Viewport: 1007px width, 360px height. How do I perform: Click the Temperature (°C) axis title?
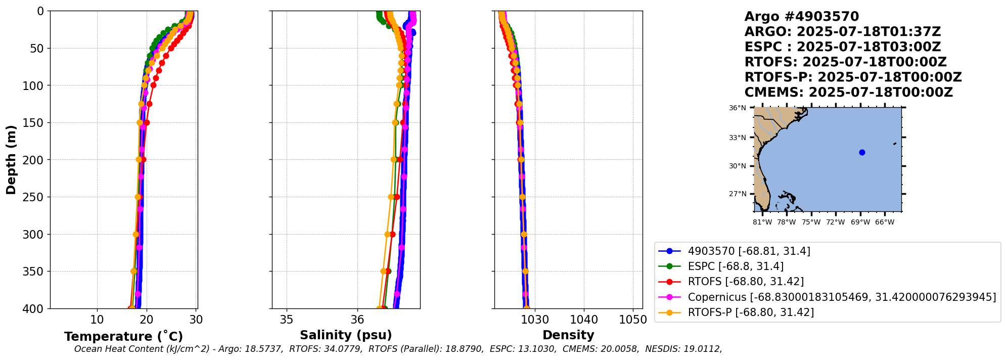tap(123, 337)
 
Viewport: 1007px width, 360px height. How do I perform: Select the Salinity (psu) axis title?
tap(346, 335)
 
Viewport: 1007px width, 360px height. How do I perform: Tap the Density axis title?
tap(568, 335)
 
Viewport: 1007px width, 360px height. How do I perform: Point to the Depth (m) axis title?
tap(11, 160)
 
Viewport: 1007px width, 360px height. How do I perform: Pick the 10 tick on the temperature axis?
tap(97, 320)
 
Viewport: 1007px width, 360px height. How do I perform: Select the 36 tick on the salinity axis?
tap(357, 320)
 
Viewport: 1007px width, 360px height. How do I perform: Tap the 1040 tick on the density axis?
tap(584, 320)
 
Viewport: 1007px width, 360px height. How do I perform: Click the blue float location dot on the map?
tap(862, 152)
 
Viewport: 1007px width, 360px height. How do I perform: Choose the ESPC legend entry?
tap(736, 266)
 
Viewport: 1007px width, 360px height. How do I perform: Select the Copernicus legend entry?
tap(842, 297)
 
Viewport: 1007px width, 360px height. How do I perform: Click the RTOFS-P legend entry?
tap(751, 312)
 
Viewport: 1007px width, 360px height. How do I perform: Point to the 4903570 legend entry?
tap(749, 251)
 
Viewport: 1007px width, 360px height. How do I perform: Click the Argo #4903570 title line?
tap(801, 17)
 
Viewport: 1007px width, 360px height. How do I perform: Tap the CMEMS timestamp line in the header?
tap(848, 93)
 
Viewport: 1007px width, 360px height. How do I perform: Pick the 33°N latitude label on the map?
tap(738, 138)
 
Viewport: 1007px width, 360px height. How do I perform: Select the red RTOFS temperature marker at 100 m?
tap(153, 85)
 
